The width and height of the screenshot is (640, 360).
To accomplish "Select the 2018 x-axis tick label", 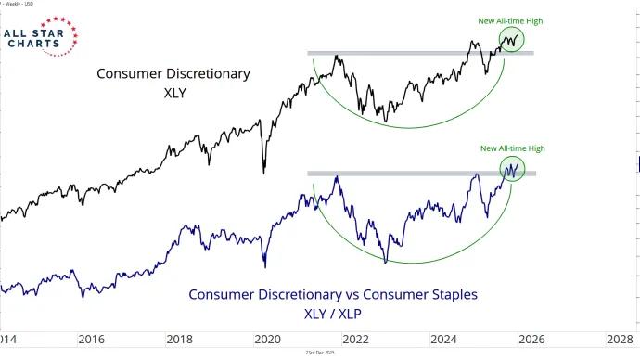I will pyautogui.click(x=180, y=340).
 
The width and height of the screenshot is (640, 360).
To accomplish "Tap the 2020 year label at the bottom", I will pyautogui.click(x=267, y=340).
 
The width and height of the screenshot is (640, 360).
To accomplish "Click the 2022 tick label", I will pyautogui.click(x=354, y=340).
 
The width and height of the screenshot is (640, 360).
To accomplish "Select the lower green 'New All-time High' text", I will pyautogui.click(x=512, y=148).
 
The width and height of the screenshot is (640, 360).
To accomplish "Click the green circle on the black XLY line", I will pyautogui.click(x=511, y=39).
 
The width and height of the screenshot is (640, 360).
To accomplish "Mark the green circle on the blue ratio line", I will pyautogui.click(x=511, y=168).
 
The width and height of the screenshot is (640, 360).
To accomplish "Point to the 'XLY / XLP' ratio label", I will pyautogui.click(x=334, y=315).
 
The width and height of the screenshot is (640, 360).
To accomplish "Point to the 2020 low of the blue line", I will pyautogui.click(x=266, y=264).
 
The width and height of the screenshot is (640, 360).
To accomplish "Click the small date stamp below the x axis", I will pyautogui.click(x=320, y=353).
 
